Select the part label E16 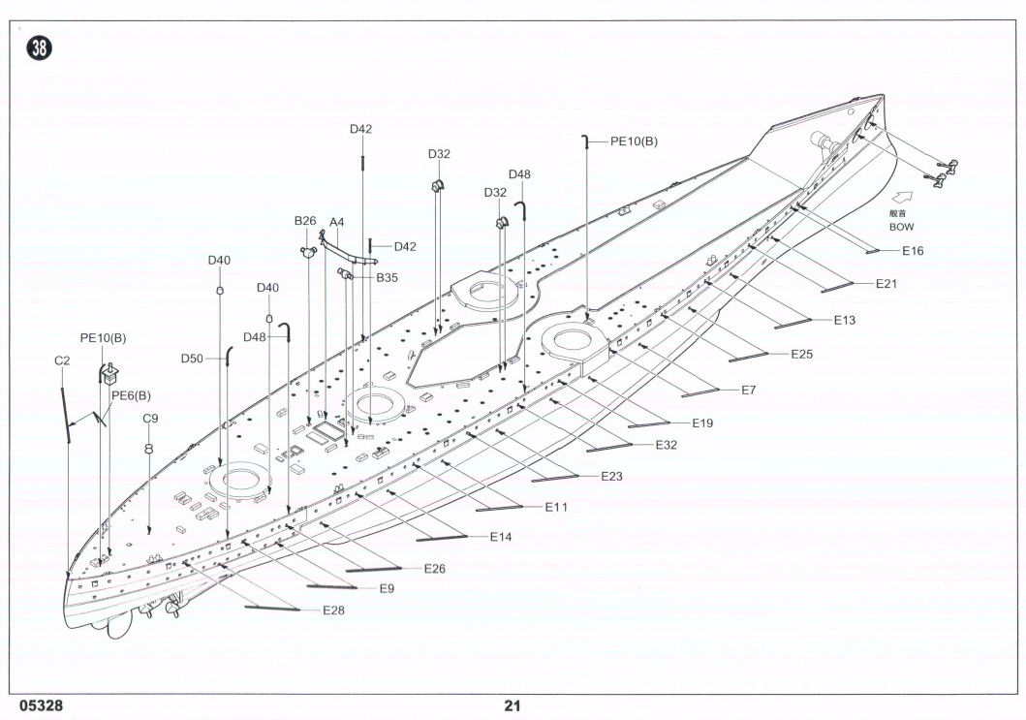913,251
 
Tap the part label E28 333,610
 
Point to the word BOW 901,226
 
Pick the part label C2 62,360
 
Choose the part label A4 337,222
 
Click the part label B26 305,221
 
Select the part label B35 387,277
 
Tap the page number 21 513,705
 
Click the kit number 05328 34,705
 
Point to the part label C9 150,419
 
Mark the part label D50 192,359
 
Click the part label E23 611,476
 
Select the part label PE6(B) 131,395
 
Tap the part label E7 748,390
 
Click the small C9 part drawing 150,449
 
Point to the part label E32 666,444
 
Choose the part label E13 844,320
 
